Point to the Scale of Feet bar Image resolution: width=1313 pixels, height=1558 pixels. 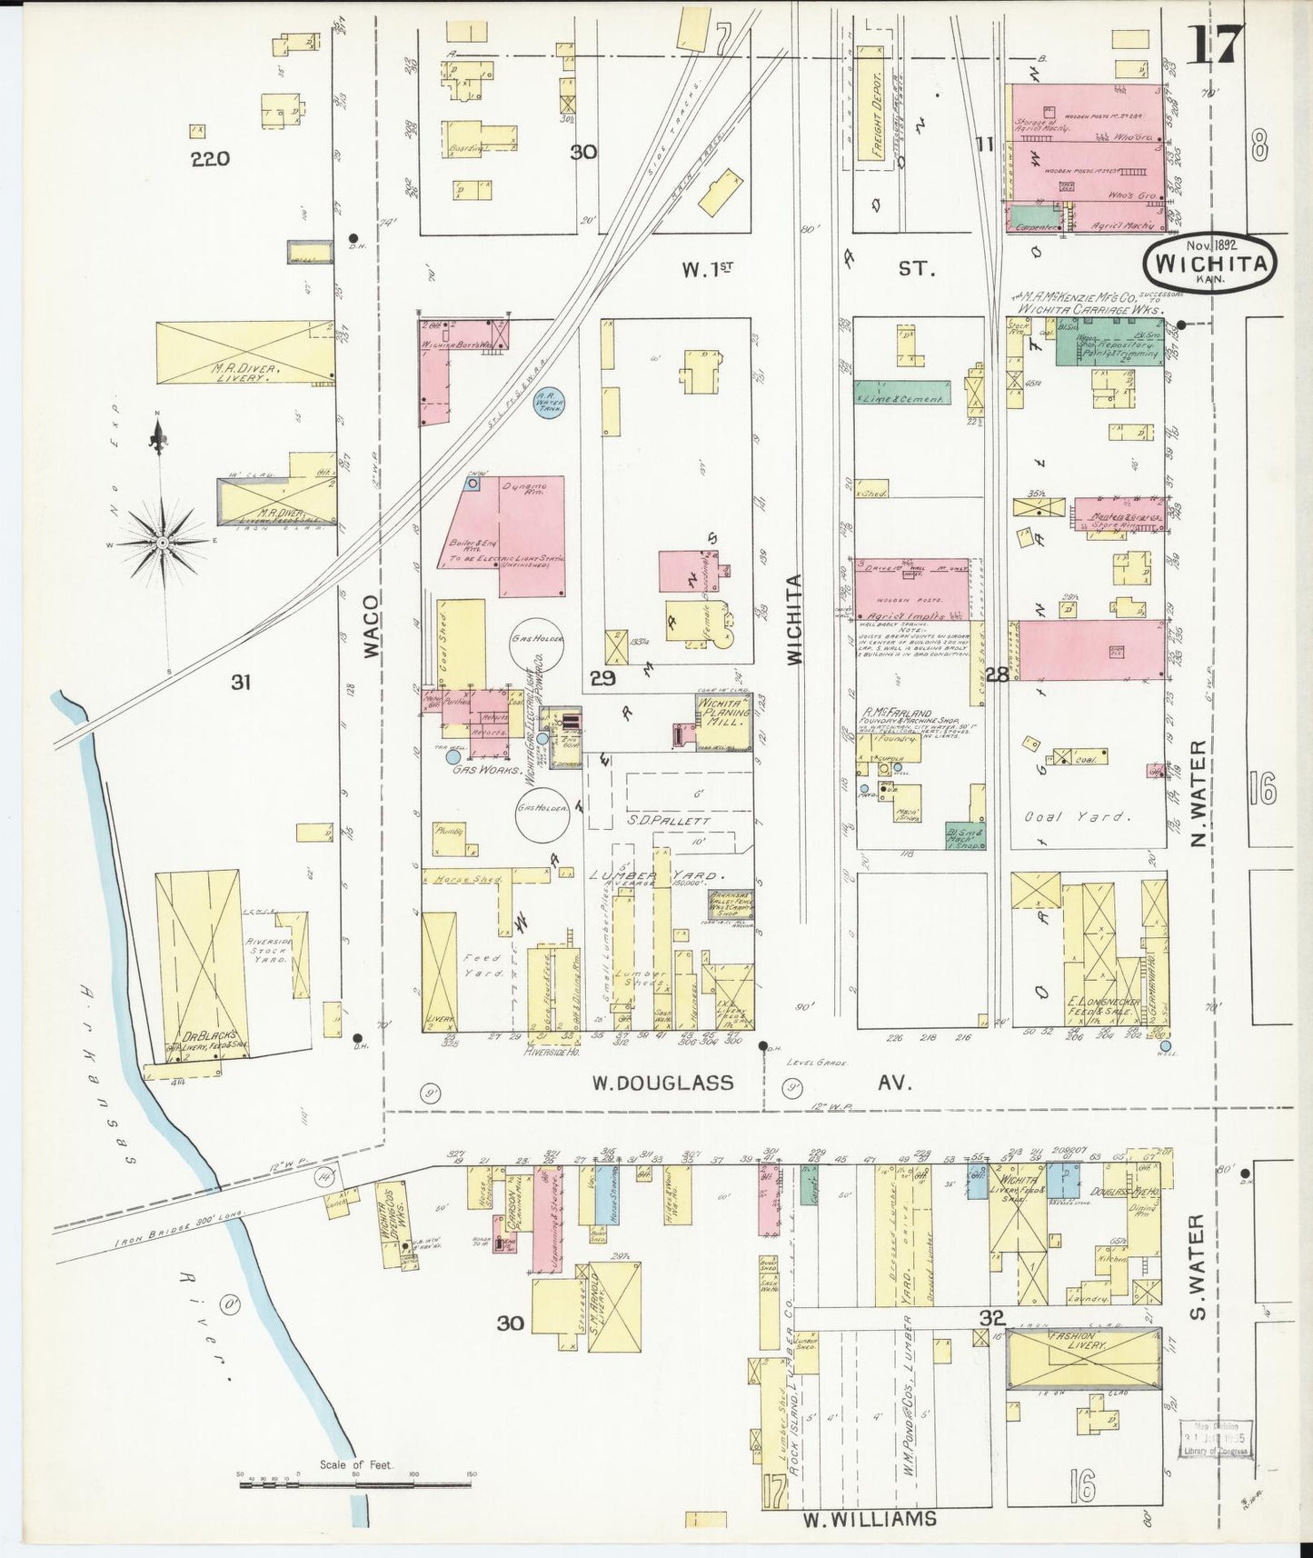point(355,1483)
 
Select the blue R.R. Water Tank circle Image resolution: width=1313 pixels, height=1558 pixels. point(548,401)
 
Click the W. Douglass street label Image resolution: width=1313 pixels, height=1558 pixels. point(662,1083)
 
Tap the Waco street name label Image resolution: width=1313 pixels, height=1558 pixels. point(369,627)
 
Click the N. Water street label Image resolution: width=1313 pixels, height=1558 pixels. point(1199,793)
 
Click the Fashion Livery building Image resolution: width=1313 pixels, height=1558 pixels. point(1083,1358)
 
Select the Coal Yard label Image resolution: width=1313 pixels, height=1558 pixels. point(1079,816)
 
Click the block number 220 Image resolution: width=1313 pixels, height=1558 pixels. point(210,159)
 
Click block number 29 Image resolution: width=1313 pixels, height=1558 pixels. point(602,677)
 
